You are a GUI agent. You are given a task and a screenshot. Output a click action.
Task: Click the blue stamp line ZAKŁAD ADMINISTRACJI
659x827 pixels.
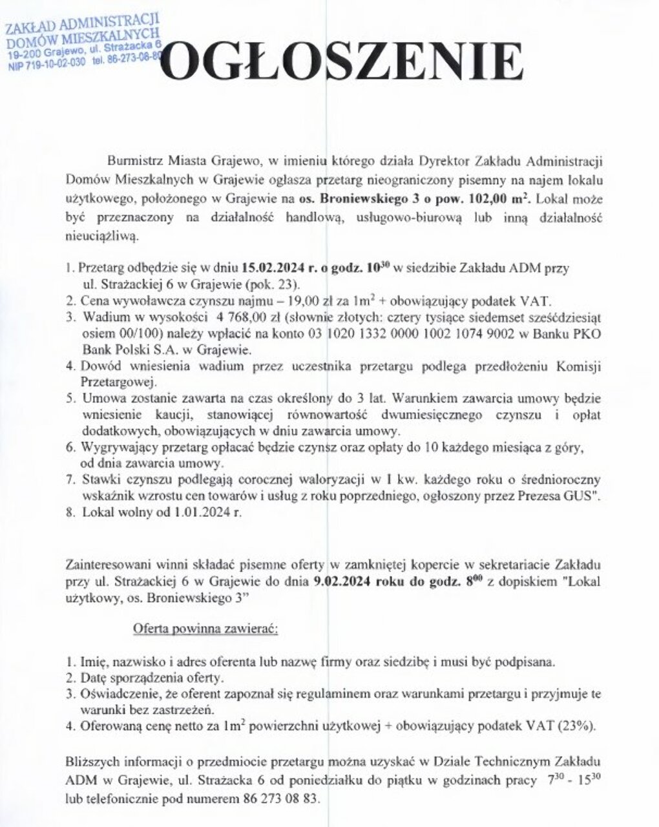tap(82, 25)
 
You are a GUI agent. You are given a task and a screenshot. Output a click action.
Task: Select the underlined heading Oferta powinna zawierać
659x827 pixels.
tap(205, 629)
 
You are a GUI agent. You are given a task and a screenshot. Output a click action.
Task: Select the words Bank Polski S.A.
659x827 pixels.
tap(125, 350)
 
